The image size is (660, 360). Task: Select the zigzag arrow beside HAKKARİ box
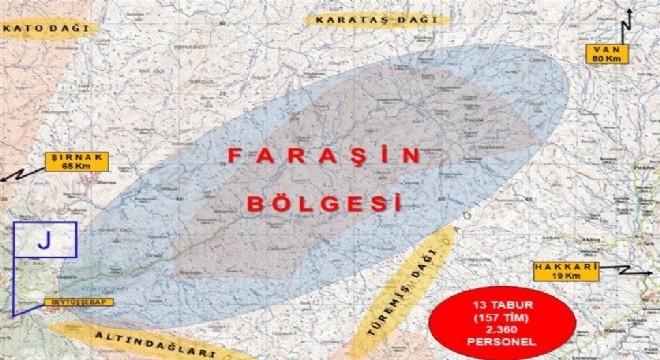click(x=620, y=270)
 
